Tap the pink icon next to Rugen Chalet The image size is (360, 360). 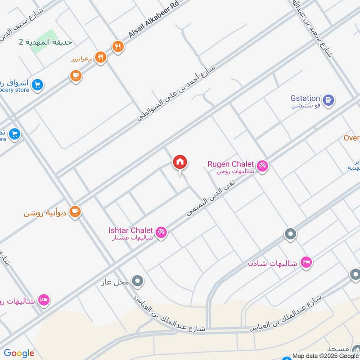[263, 166]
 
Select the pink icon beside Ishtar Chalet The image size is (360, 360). [162, 233]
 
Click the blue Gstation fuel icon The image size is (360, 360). [329, 100]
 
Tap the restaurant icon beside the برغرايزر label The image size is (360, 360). [101, 58]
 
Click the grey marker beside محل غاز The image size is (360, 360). [138, 282]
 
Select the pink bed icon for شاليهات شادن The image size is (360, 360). [306, 262]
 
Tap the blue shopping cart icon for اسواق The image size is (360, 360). [37, 84]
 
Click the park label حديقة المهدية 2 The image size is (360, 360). [45, 42]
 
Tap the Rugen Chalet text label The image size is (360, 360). [231, 164]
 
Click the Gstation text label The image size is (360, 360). [305, 99]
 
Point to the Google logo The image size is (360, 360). [19, 353]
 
